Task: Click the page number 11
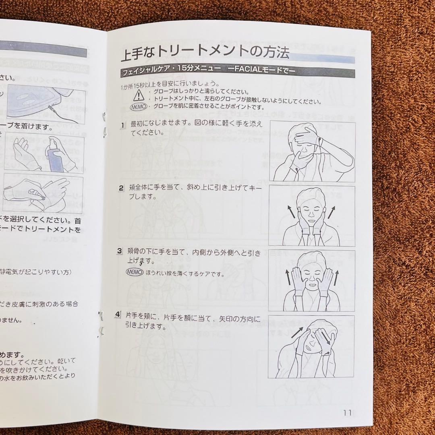pos(348,413)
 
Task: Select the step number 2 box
pos(121,188)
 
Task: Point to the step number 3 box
pos(119,251)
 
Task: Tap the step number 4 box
pos(117,314)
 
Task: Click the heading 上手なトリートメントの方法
pos(205,54)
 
